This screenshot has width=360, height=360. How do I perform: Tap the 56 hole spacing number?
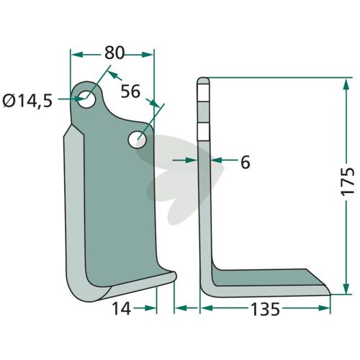coord(130,91)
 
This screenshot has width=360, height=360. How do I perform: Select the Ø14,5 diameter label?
coord(27,101)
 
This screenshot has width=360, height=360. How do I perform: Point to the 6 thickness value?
coord(245,163)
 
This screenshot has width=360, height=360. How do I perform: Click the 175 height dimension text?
coord(348,181)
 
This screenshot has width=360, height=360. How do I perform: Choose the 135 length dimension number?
coord(265,309)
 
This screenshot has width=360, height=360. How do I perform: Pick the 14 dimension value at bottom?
coord(122,309)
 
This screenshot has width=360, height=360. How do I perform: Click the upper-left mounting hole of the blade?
coord(86,99)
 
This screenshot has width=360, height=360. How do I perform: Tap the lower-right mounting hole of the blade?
coord(138,139)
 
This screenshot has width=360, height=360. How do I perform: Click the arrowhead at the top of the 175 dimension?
coord(346,84)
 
